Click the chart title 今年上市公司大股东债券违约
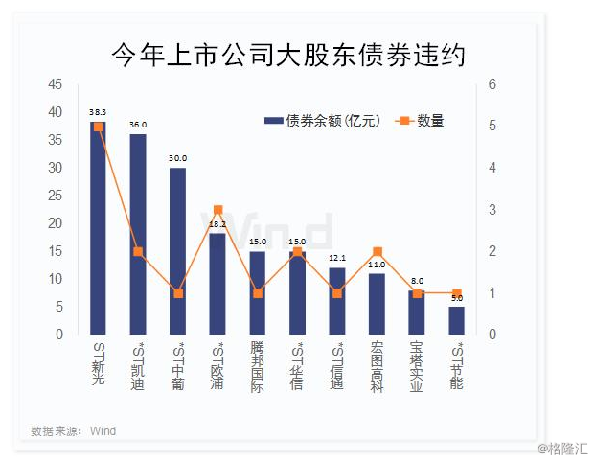click(x=287, y=56)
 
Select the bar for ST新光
click(x=98, y=230)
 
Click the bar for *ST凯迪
click(x=138, y=235)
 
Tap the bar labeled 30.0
click(x=177, y=251)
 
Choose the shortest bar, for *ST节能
click(x=456, y=320)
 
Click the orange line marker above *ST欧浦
click(x=217, y=210)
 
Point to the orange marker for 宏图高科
click(x=377, y=251)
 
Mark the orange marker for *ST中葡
click(x=177, y=293)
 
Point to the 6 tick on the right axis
click(x=492, y=84)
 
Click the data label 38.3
click(x=98, y=111)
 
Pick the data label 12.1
click(x=336, y=258)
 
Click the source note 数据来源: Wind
click(x=74, y=431)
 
